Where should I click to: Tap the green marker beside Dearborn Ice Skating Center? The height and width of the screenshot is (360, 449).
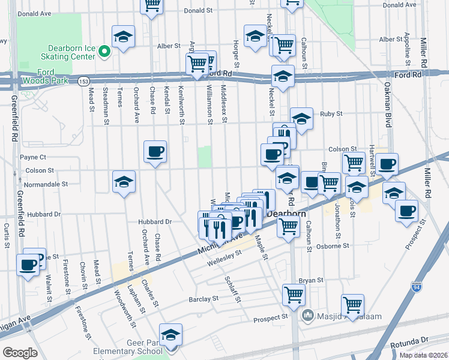click(x=103, y=52)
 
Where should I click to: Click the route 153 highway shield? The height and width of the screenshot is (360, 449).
click(x=85, y=80)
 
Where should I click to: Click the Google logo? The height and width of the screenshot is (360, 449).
click(x=20, y=352)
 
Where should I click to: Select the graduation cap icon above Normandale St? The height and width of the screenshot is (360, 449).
click(x=124, y=181)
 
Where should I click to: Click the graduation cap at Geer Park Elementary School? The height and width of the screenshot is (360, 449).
click(x=171, y=334)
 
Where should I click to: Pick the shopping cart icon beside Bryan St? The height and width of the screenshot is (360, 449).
click(x=294, y=294)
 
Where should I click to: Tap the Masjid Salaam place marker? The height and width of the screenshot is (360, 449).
click(x=308, y=314)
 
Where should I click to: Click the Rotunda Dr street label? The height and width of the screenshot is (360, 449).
click(x=420, y=340)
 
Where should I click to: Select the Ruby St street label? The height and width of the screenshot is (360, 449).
click(x=331, y=113)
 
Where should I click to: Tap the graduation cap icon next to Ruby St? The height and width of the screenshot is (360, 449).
click(x=302, y=117)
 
